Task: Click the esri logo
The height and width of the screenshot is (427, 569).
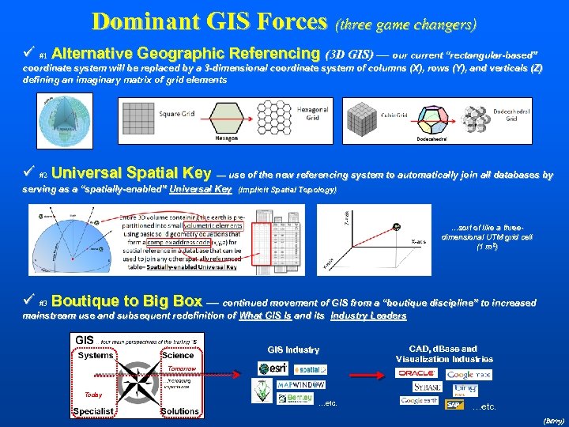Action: (273, 368)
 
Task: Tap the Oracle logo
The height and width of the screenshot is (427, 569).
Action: (417, 373)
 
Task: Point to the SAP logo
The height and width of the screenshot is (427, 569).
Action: (454, 404)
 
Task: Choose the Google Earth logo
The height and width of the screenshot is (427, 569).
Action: (419, 402)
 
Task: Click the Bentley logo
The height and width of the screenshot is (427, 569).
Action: (295, 398)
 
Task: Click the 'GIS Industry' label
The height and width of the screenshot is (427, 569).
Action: (293, 350)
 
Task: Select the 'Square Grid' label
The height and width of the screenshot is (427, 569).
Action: (176, 114)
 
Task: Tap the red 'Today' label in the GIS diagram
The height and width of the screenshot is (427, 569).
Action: (94, 395)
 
